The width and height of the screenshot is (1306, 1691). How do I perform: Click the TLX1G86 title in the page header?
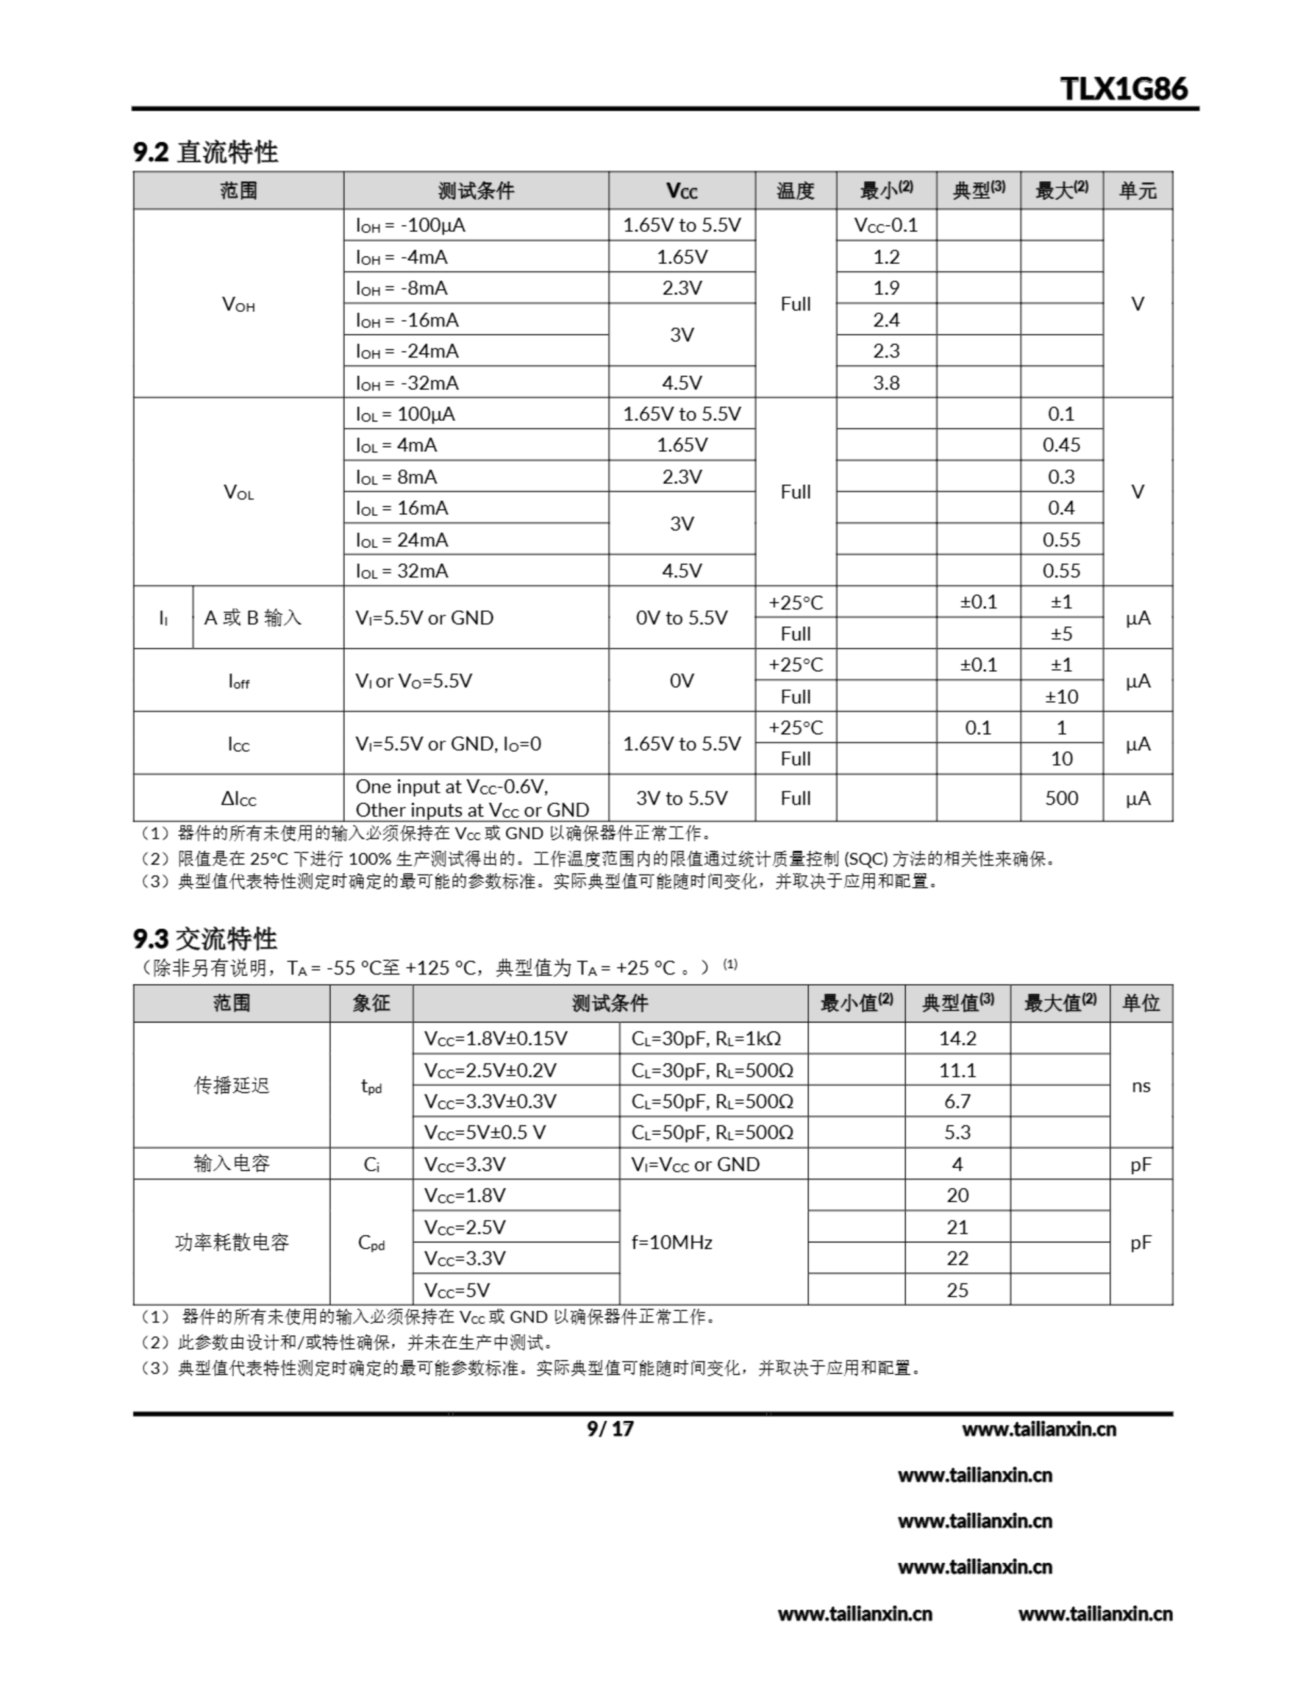(x=1123, y=89)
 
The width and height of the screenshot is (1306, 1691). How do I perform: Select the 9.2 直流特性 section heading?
(x=206, y=152)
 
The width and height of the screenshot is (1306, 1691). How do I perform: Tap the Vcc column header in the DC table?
(x=681, y=190)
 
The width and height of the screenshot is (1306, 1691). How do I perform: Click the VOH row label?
(x=238, y=305)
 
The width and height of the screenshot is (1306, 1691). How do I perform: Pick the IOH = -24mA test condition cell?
(x=407, y=351)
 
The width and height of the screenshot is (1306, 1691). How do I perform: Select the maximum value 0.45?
(x=1060, y=445)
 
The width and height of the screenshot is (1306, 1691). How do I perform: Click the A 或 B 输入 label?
(x=252, y=618)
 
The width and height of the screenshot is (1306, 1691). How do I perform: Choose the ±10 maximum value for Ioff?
(x=1060, y=697)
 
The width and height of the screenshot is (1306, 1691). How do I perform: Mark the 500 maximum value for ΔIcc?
(x=1060, y=798)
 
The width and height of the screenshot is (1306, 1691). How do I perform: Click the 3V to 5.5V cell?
(x=681, y=798)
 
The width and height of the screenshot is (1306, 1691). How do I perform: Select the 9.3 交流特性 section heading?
(x=205, y=939)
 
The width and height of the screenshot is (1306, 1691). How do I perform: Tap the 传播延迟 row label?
(x=232, y=1085)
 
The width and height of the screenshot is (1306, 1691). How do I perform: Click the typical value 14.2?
(x=957, y=1038)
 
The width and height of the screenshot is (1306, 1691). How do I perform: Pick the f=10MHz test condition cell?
(x=672, y=1242)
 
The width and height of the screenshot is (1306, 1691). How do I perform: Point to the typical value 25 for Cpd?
(x=957, y=1290)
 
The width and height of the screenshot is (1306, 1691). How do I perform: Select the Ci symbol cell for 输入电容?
(x=371, y=1165)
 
